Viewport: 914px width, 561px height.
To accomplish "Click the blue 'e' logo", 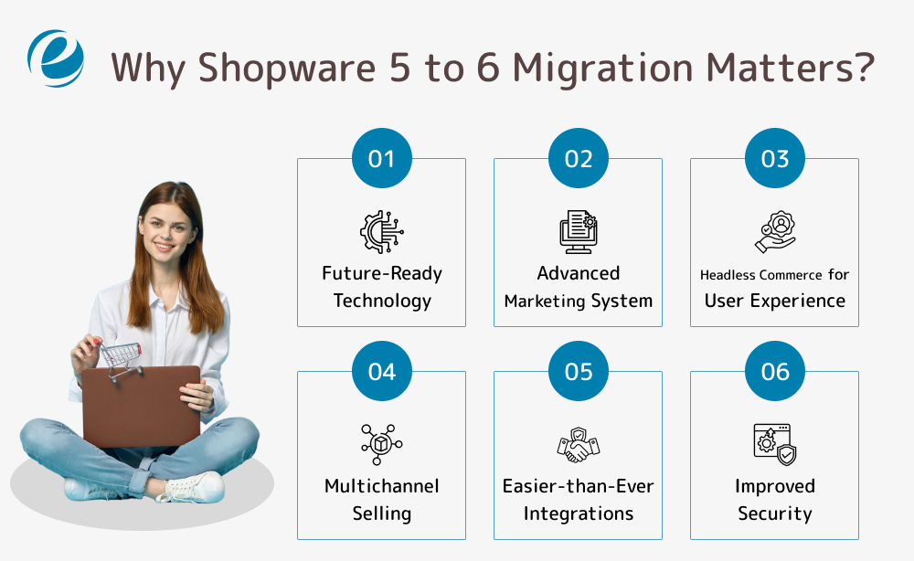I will pos(56,57).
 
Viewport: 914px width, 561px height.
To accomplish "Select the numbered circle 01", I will pos(381,159).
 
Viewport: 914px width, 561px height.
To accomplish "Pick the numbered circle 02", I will pos(578,159).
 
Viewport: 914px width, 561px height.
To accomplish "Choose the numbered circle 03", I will pos(774,159).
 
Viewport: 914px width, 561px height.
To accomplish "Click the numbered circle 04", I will pos(381,372).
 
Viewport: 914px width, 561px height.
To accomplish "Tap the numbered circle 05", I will pos(578,372).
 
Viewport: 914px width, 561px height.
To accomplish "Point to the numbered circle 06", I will pos(774,372).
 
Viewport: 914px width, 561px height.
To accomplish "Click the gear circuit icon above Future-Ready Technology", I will pos(381,231).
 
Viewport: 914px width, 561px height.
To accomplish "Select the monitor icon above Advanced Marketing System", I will pos(578,231).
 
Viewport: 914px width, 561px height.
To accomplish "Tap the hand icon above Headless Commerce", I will pos(774,231).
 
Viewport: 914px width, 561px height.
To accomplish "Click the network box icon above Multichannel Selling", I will pos(381,444).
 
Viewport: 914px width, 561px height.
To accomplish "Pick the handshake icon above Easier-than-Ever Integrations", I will pos(578,444).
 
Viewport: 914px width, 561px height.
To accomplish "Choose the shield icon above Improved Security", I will pos(774,444).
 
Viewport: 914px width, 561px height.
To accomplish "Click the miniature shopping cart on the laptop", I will pos(121,358).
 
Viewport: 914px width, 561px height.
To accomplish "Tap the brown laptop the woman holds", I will pos(142,406).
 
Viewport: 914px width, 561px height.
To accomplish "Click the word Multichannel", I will pos(381,486).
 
